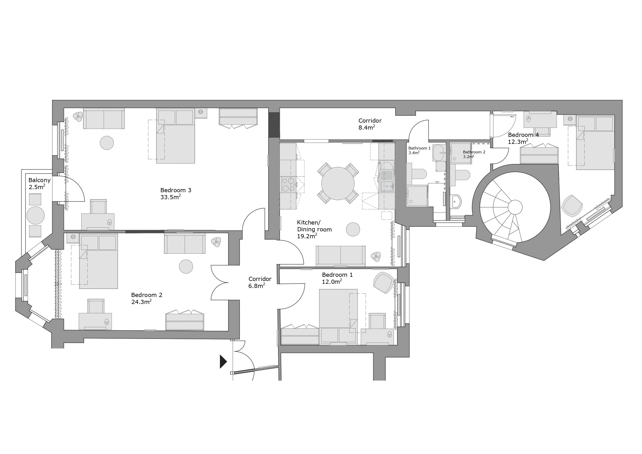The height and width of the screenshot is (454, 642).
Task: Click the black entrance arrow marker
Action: [223, 361]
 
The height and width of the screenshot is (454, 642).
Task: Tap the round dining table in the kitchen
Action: [338, 183]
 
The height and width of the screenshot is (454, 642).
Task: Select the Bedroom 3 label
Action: [176, 190]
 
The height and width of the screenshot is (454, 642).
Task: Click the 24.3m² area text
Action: [141, 302]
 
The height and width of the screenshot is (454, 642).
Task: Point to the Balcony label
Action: [39, 180]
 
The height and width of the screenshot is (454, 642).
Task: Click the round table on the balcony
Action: [35, 215]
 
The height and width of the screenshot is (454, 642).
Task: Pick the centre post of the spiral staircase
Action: [515, 207]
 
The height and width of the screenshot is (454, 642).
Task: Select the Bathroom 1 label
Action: [420, 148]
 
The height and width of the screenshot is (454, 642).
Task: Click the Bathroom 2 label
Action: [474, 152]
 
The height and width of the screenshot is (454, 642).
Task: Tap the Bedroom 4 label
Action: [524, 135]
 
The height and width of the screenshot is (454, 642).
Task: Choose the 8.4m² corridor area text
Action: [367, 128]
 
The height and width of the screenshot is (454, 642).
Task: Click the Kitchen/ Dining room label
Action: [314, 226]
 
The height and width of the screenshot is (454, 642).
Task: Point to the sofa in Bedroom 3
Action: [104, 118]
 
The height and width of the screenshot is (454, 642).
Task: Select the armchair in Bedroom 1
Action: [384, 282]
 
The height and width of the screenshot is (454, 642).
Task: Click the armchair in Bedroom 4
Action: [572, 206]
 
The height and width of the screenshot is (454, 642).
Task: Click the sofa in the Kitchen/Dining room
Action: [340, 256]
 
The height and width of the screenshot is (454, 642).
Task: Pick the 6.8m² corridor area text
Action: [257, 286]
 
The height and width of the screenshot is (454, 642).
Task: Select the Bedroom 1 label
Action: [337, 275]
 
